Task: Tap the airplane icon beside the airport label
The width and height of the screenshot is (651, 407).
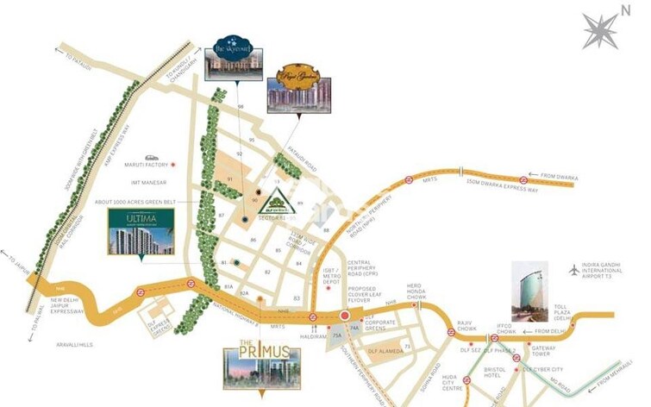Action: pos(574,270)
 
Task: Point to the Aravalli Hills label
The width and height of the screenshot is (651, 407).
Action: pos(73,344)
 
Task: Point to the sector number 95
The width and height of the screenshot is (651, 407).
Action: pos(253,139)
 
